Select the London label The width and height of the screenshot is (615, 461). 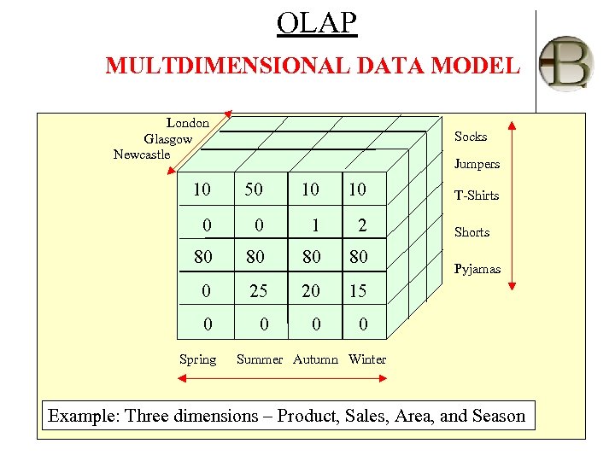pyautogui.click(x=188, y=123)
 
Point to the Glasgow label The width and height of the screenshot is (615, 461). pyautogui.click(x=168, y=138)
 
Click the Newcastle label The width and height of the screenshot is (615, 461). pyautogui.click(x=142, y=155)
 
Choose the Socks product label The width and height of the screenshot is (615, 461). pyautogui.click(x=471, y=137)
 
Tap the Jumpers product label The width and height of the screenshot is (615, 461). pyautogui.click(x=477, y=164)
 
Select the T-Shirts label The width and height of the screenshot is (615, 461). pyautogui.click(x=477, y=195)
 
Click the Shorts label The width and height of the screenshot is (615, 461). pyautogui.click(x=471, y=232)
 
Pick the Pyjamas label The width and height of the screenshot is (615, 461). pyautogui.click(x=477, y=269)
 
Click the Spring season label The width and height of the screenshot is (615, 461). pyautogui.click(x=197, y=359)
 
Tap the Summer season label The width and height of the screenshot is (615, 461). pyautogui.click(x=259, y=359)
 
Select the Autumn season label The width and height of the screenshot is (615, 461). pyautogui.click(x=316, y=359)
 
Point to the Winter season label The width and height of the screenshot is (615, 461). pyautogui.click(x=367, y=359)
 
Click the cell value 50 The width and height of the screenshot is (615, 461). pyautogui.click(x=254, y=189)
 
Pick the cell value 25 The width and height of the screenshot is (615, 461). pyautogui.click(x=258, y=291)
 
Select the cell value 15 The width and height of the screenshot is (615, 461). pyautogui.click(x=357, y=291)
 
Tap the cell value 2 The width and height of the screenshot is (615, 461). pyautogui.click(x=362, y=225)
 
